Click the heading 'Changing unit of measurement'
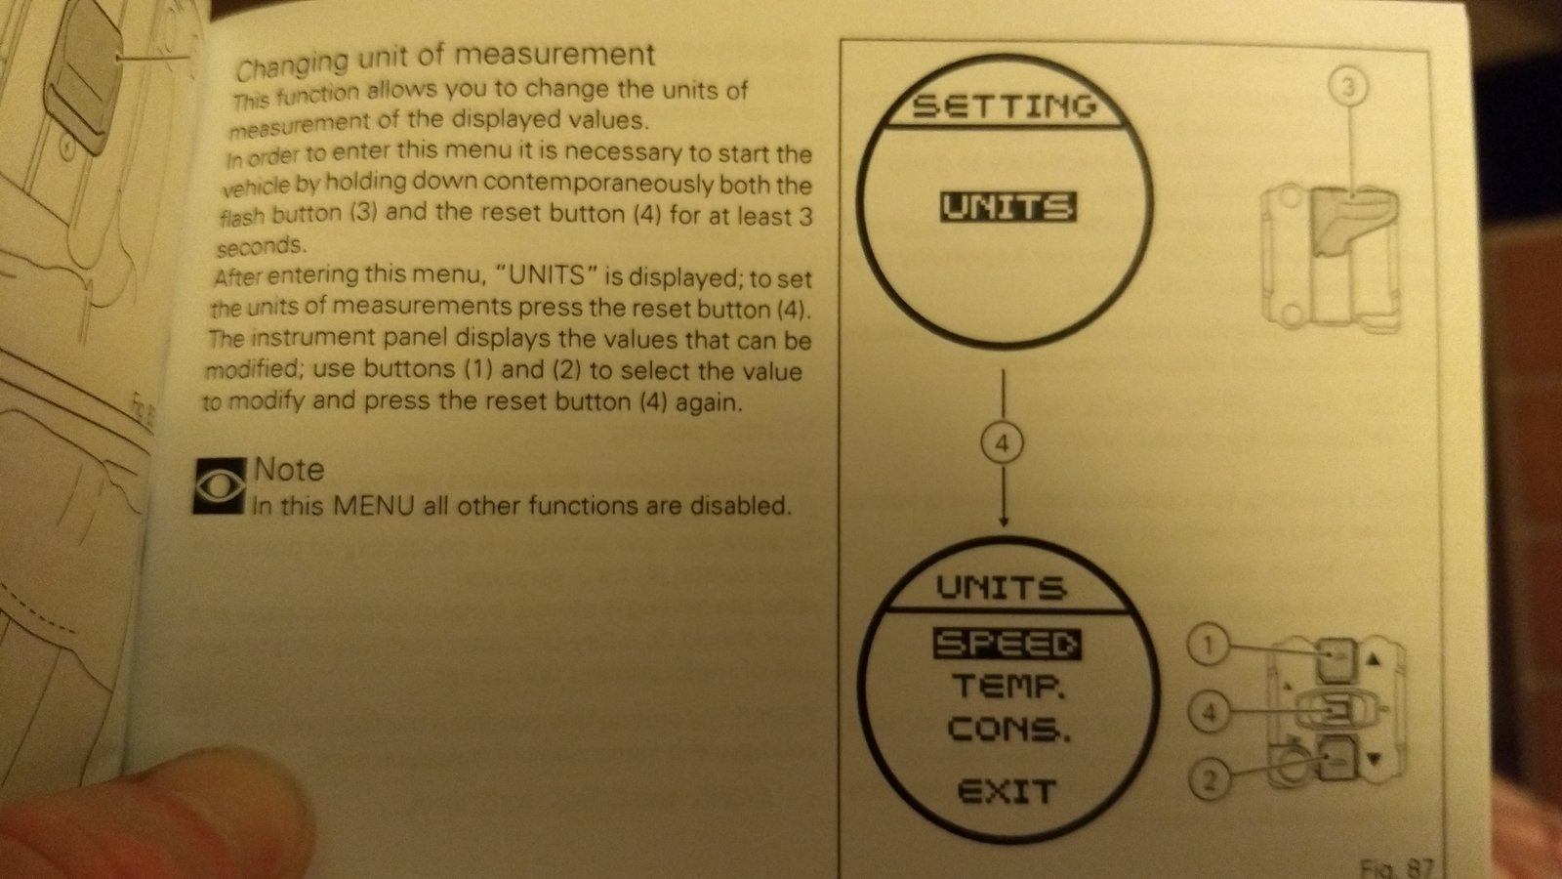pos(445,60)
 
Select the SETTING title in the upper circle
pos(1005,106)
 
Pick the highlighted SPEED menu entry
pos(1007,645)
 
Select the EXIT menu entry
pos(1007,791)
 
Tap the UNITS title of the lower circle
pos(1002,587)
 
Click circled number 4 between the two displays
pos(1002,444)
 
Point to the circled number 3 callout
pos(1348,88)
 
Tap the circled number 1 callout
pos(1209,646)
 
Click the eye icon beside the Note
pos(220,485)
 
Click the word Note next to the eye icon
pos(289,470)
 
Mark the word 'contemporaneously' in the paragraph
pos(599,184)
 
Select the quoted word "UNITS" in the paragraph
pos(546,275)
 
